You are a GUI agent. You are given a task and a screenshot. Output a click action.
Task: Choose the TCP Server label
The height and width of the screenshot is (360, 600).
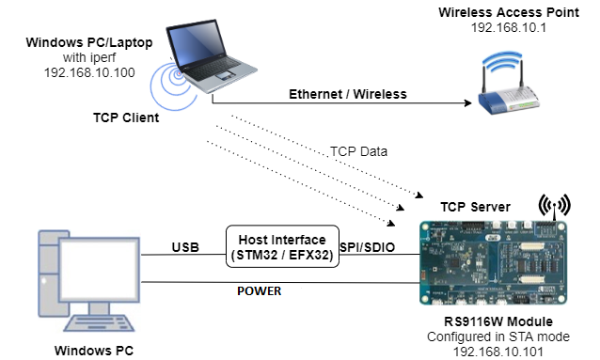pyautogui.click(x=476, y=206)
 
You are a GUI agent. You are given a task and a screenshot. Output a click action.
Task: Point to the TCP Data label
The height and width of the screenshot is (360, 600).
pyautogui.click(x=360, y=151)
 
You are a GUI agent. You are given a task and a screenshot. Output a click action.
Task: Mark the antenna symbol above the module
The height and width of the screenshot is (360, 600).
pyautogui.click(x=553, y=204)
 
